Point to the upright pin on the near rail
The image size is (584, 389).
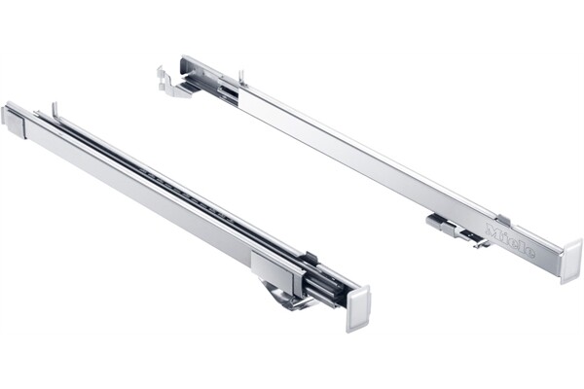click(x=55, y=109)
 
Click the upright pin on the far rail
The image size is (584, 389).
click(x=240, y=76)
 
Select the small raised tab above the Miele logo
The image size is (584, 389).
click(x=502, y=221)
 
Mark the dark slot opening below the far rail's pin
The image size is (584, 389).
click(x=230, y=92)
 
